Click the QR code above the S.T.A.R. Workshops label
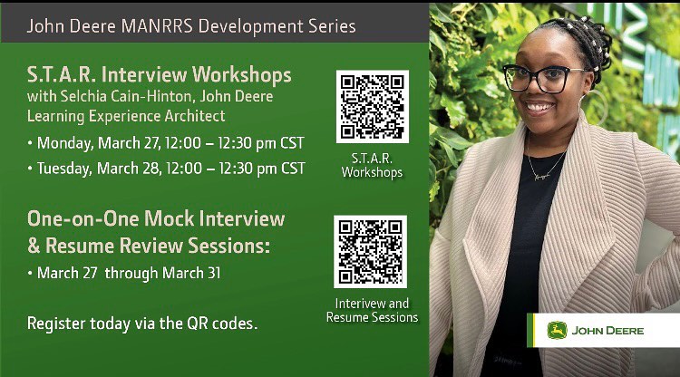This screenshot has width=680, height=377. coord(372,107)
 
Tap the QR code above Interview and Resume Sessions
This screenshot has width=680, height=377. coord(370,251)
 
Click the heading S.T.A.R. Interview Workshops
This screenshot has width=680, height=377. coord(159,73)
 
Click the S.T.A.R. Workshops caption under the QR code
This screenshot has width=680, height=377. coord(372,164)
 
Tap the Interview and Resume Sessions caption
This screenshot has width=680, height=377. coord(372,310)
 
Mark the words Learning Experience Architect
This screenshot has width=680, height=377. coord(126,116)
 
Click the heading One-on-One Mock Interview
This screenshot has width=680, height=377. coord(155,218)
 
